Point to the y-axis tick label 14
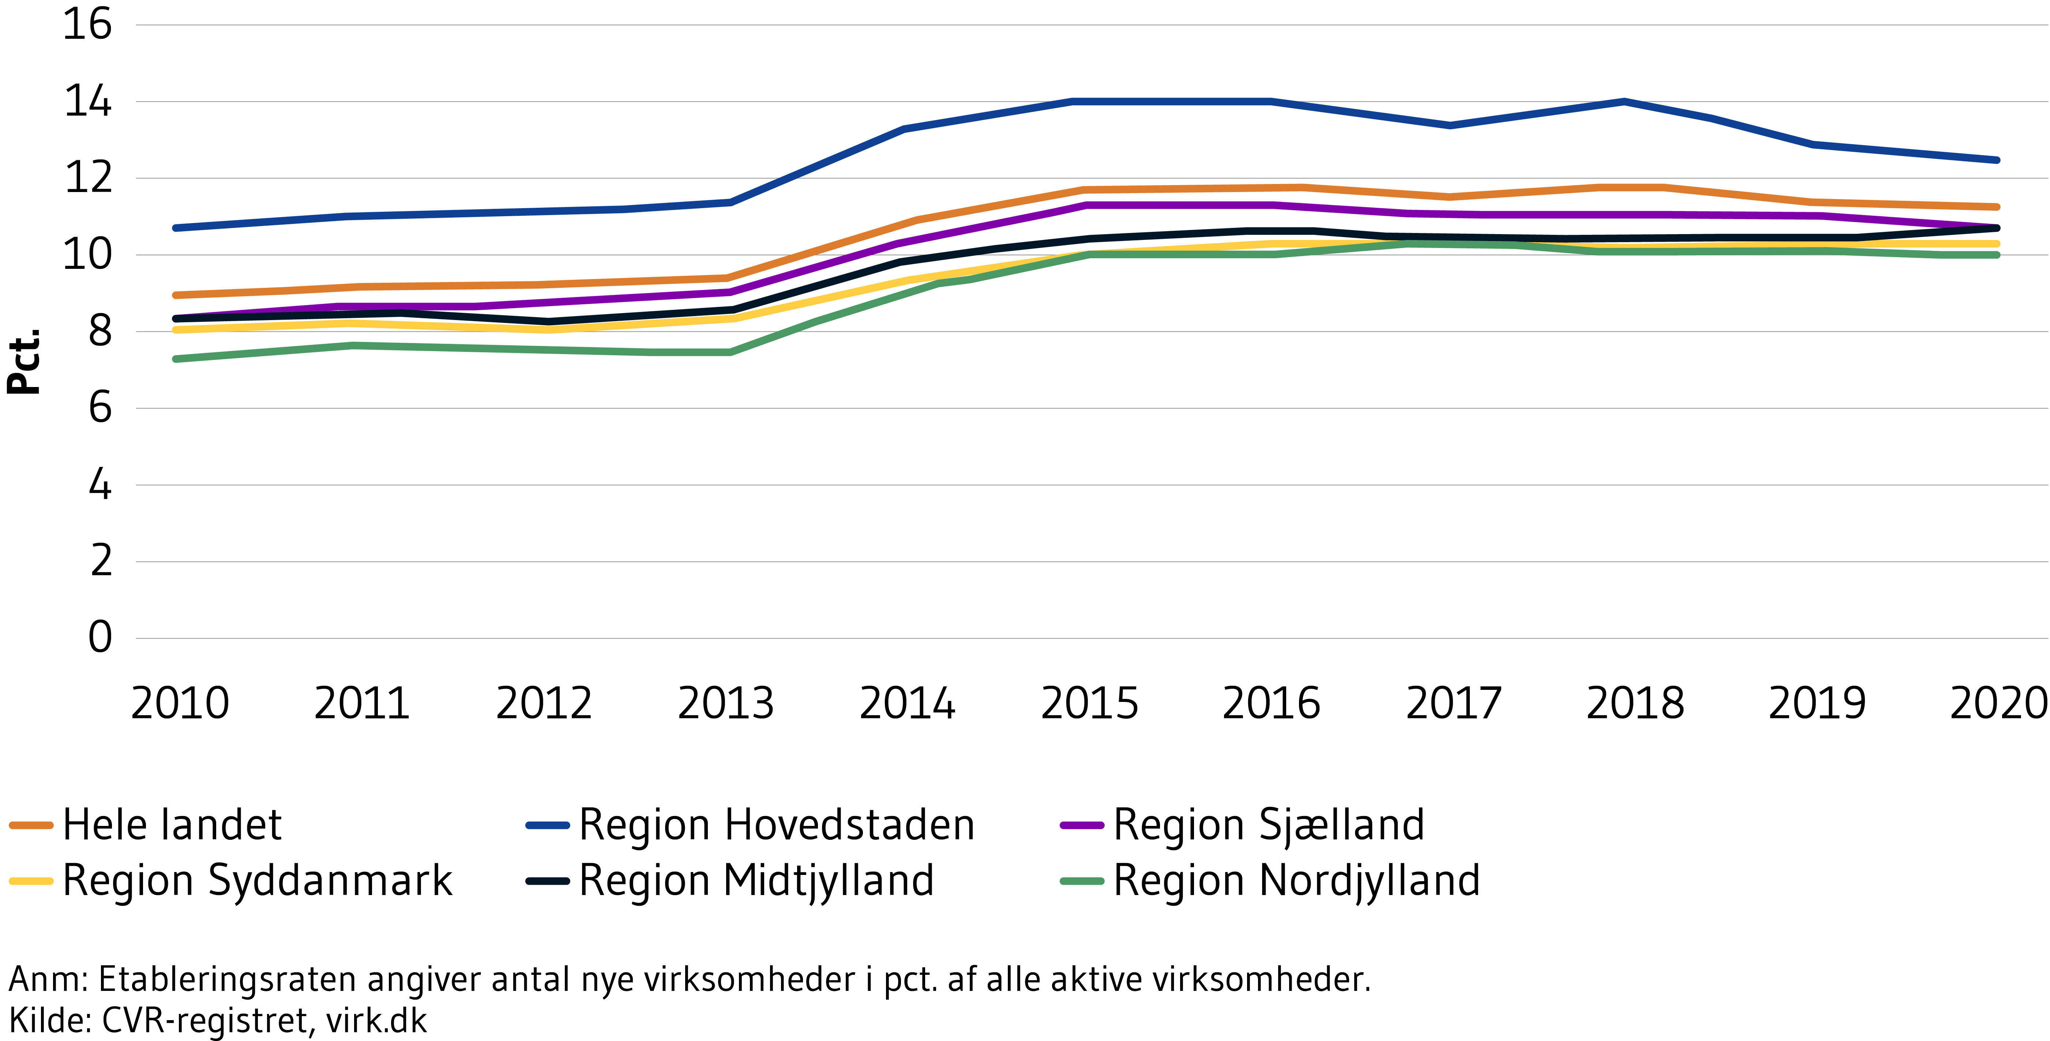[87, 102]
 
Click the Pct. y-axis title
[24, 362]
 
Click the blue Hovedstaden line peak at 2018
[1623, 102]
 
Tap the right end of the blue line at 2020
[1996, 160]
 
